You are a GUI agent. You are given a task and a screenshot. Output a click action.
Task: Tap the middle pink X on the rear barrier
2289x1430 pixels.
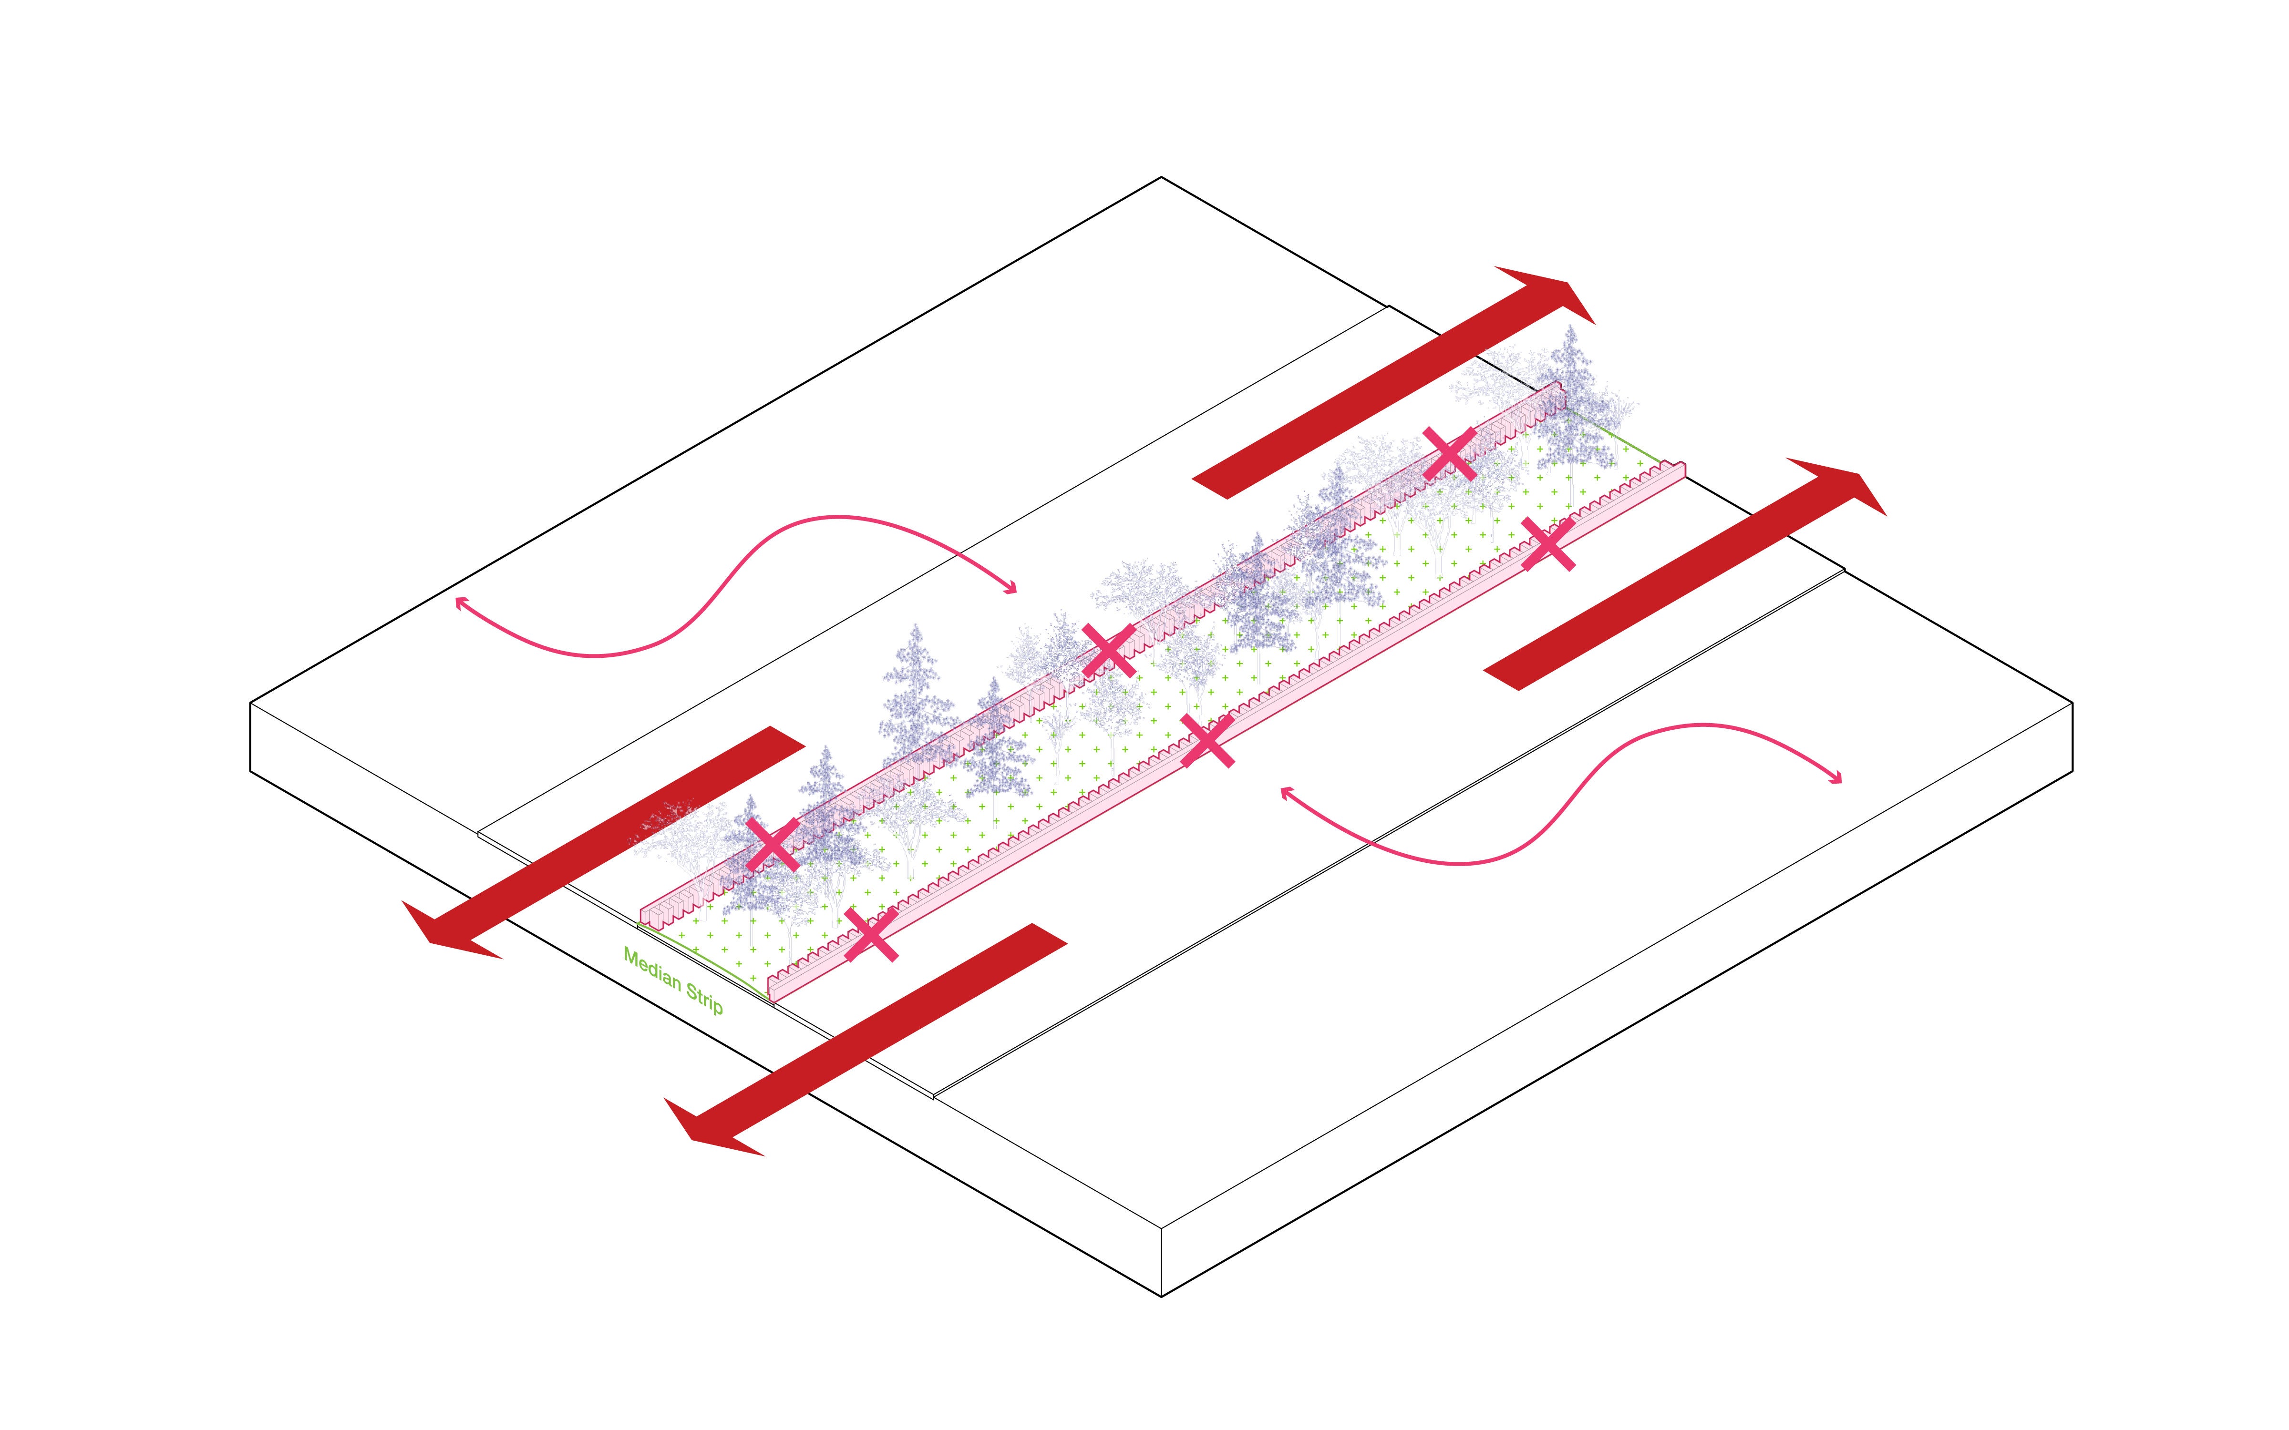point(1109,650)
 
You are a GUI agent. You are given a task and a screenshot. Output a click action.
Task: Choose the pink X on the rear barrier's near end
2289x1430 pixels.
point(773,844)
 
